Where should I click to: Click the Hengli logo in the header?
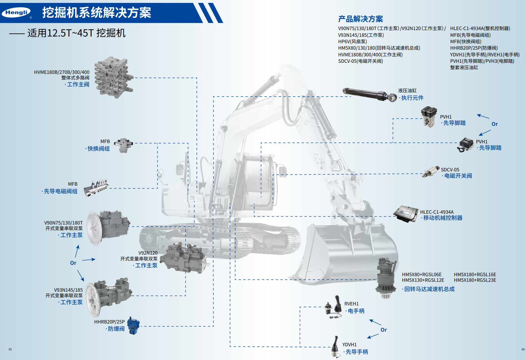coord(16,12)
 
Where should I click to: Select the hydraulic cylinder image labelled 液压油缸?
coord(370,94)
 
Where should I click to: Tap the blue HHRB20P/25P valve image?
coord(133,326)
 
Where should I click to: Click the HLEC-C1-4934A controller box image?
coord(406,214)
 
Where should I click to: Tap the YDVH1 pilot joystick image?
coord(336,347)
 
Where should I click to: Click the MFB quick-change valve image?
coord(124,145)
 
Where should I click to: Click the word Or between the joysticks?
coord(384,330)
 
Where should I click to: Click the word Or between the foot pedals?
coord(494,124)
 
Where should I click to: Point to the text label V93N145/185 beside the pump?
coord(68,290)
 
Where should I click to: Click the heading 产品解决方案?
coord(360,19)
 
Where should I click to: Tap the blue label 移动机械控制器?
coord(443,218)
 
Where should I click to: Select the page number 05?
coord(10,349)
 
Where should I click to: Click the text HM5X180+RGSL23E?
coord(475,280)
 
